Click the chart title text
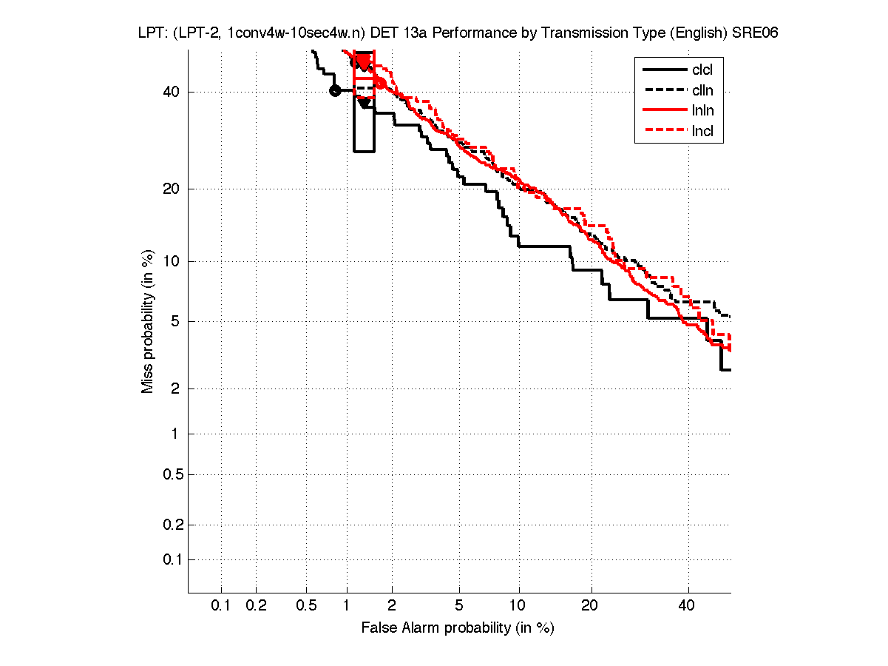pos(458,33)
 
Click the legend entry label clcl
pos(702,70)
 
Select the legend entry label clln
pos(702,91)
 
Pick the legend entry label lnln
pos(702,112)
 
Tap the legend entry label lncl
pos(702,132)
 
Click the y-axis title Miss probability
pos(149,322)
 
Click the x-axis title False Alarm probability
pos(458,628)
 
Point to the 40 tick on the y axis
pos(172,92)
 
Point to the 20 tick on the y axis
pos(172,189)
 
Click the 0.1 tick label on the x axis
pos(221,606)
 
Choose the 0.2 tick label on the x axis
pos(256,606)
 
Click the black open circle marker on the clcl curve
pos(335,90)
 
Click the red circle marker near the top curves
pos(380,82)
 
